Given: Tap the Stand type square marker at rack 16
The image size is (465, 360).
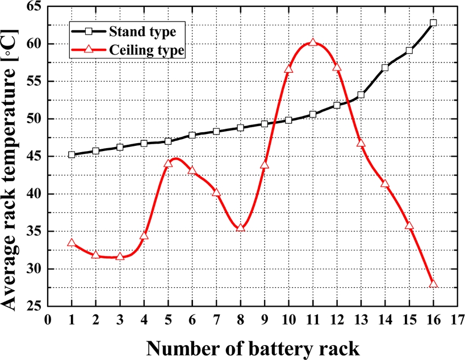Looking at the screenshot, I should coord(433,23).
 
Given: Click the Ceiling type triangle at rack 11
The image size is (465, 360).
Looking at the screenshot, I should coord(313,43).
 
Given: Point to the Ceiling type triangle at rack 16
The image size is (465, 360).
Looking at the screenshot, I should coord(433,283).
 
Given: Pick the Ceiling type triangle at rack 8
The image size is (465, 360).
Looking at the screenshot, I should coord(240,228).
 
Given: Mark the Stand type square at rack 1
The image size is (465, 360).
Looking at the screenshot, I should coord(72,154).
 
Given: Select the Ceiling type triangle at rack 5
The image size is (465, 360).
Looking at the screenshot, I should coord(168,164).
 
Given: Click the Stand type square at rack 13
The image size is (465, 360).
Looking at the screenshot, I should coord(361,95).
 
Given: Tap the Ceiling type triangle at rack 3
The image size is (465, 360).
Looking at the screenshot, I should coord(120,256).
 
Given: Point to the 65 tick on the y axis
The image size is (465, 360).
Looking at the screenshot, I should coord(37,6).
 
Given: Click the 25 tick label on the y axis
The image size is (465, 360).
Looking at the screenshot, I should coord(37,306).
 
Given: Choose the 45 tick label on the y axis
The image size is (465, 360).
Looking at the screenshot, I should coord(37,156).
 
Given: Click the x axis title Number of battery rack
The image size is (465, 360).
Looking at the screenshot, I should coord(252,347).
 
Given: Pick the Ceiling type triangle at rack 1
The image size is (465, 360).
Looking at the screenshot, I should coord(72,242).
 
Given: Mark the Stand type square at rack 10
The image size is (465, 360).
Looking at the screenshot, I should coord(288,120).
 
